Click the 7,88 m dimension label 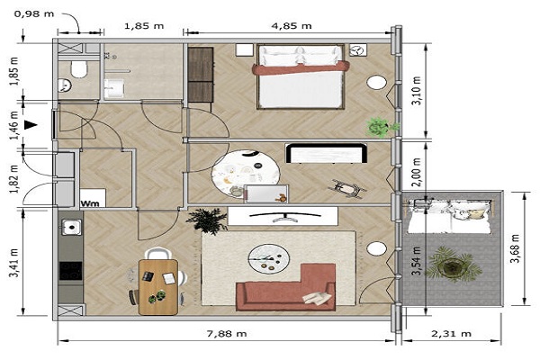(x=227, y=334)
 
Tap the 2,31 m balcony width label (x=451, y=334)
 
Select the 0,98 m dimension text (x=34, y=14)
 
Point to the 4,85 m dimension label (x=292, y=26)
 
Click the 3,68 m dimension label (x=515, y=248)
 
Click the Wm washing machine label (x=90, y=203)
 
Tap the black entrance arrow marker (x=31, y=125)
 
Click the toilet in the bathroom (x=79, y=69)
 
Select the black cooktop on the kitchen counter (x=70, y=271)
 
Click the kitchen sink (x=72, y=228)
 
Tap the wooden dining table (x=158, y=287)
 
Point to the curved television (x=284, y=217)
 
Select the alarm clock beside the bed (x=357, y=50)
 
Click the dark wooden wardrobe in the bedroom (x=201, y=75)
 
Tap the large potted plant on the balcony (x=453, y=265)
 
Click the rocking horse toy (x=347, y=189)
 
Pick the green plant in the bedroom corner (x=381, y=128)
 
